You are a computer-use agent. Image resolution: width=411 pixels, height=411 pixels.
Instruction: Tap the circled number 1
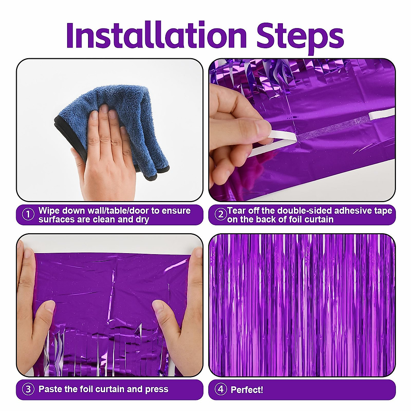click(x=28, y=215)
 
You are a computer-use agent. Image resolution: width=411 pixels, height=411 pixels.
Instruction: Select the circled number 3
click(x=28, y=389)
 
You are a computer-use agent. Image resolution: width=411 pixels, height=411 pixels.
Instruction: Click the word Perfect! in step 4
click(x=247, y=390)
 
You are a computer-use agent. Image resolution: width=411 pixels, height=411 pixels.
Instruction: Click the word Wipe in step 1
click(x=49, y=210)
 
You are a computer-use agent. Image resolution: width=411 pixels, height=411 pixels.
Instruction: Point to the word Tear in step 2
click(x=237, y=210)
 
